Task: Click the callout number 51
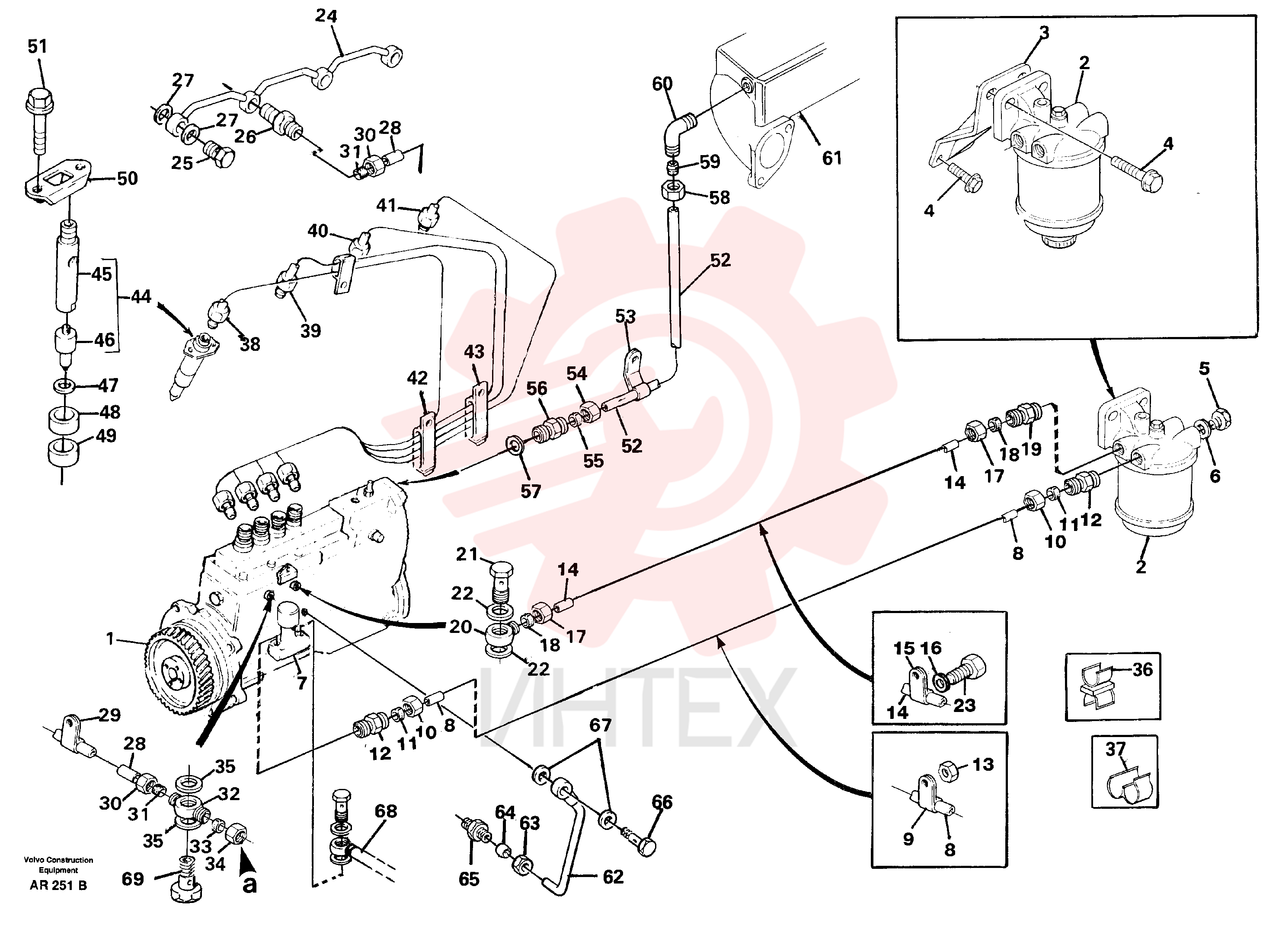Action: [x=38, y=46]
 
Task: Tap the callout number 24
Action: [x=326, y=16]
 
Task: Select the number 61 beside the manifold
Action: [x=832, y=158]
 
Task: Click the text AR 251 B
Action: [x=58, y=885]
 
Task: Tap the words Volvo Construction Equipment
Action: [x=58, y=865]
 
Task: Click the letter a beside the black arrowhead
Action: [x=250, y=884]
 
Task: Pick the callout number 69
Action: [x=133, y=878]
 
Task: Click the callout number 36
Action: [x=1143, y=669]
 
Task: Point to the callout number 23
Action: [x=965, y=705]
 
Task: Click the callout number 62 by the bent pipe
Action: [x=613, y=877]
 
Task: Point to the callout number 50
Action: [x=128, y=178]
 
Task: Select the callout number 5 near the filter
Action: [x=1205, y=369]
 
